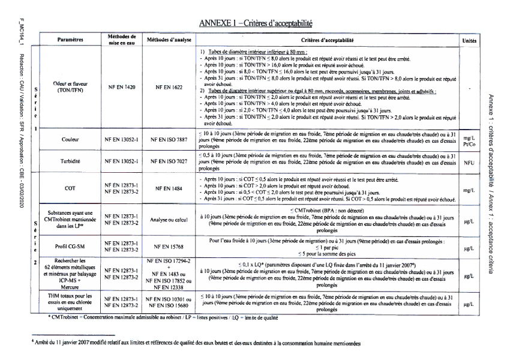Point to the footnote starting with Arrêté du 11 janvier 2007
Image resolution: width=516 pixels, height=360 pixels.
click(198, 343)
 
